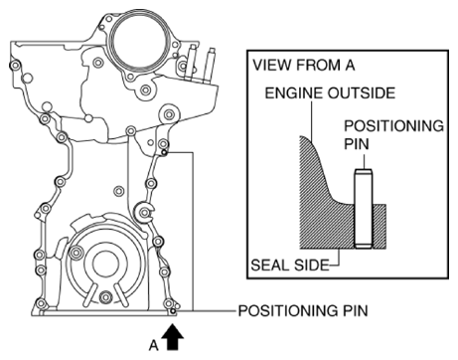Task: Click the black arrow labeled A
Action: click(x=173, y=337)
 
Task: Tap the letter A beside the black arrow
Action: click(x=154, y=345)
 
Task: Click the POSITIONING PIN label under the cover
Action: click(x=303, y=311)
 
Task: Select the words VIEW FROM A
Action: click(x=304, y=65)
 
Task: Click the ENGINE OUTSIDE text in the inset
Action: click(x=330, y=92)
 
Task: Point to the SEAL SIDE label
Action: click(x=290, y=266)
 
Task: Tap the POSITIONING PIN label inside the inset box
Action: click(x=393, y=134)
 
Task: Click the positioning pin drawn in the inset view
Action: click(x=364, y=209)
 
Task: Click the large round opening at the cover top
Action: click(x=138, y=43)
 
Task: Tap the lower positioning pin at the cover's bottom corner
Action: click(x=173, y=310)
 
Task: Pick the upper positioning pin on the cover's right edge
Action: click(x=164, y=152)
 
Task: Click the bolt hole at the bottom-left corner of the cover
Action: click(x=41, y=303)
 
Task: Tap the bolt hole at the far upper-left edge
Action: click(x=15, y=66)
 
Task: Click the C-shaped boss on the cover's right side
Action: click(x=144, y=212)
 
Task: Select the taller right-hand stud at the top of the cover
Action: click(x=210, y=66)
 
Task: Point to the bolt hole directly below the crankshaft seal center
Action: click(x=106, y=296)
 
